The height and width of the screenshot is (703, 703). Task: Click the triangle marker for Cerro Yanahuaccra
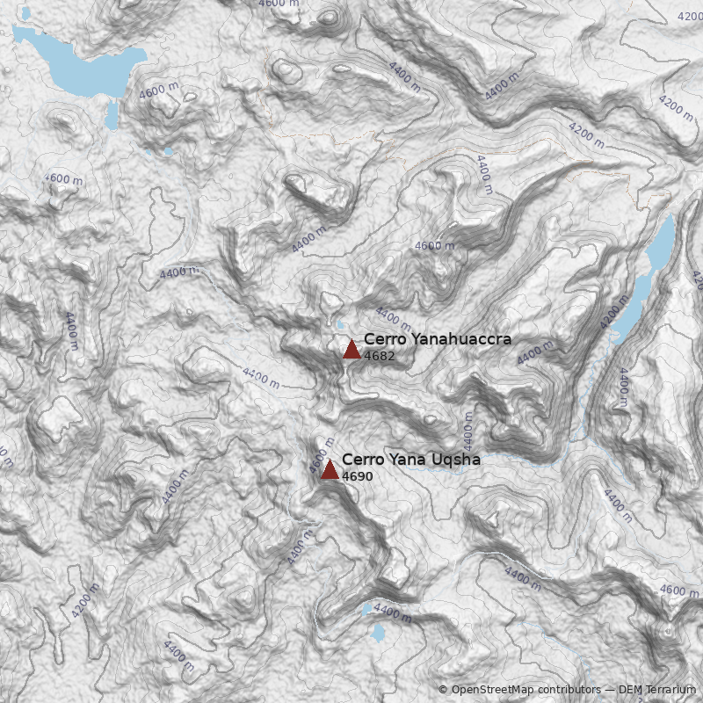(351, 349)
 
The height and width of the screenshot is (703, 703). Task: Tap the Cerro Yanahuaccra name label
(437, 339)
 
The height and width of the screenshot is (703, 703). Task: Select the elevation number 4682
(379, 357)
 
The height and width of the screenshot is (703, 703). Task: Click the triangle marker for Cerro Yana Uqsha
(330, 469)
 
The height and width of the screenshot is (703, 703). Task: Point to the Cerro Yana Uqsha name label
(410, 460)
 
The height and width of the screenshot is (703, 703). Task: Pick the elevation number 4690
(358, 476)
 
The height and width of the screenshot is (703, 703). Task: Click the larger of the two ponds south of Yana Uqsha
(379, 633)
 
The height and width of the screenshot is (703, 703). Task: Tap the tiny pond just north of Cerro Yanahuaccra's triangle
(337, 326)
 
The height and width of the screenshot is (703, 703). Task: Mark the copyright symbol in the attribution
(443, 691)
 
